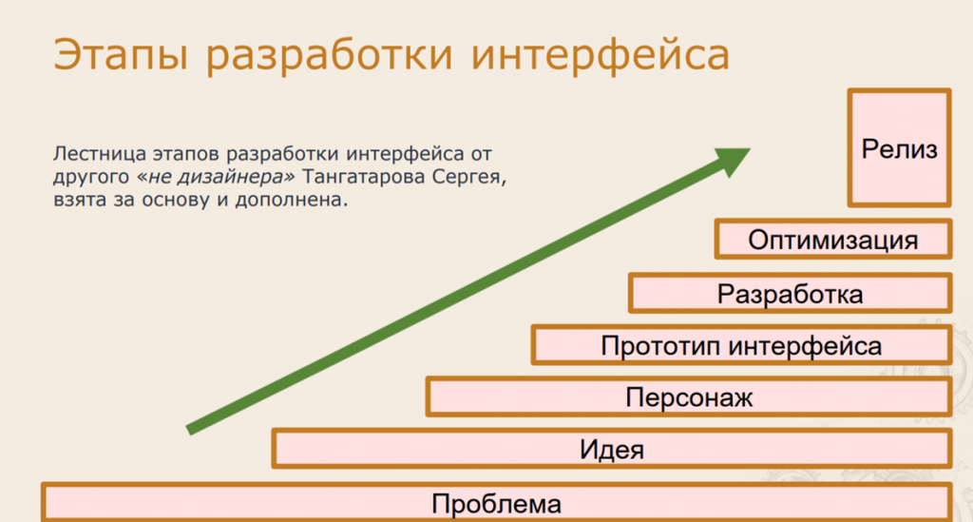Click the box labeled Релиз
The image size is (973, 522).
click(899, 147)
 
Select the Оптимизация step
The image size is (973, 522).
click(832, 239)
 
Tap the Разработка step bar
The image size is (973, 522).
click(790, 293)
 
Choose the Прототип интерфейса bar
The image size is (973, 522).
click(741, 345)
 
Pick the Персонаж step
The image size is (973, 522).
click(689, 396)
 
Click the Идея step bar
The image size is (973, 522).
click(612, 449)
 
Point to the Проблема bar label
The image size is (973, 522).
click(496, 503)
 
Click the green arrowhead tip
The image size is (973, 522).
click(751, 149)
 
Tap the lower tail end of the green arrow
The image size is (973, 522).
click(189, 430)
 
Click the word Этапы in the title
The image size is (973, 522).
click(121, 54)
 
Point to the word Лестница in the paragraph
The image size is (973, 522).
click(100, 153)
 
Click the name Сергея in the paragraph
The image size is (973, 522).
click(469, 178)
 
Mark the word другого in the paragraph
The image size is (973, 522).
click(91, 178)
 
